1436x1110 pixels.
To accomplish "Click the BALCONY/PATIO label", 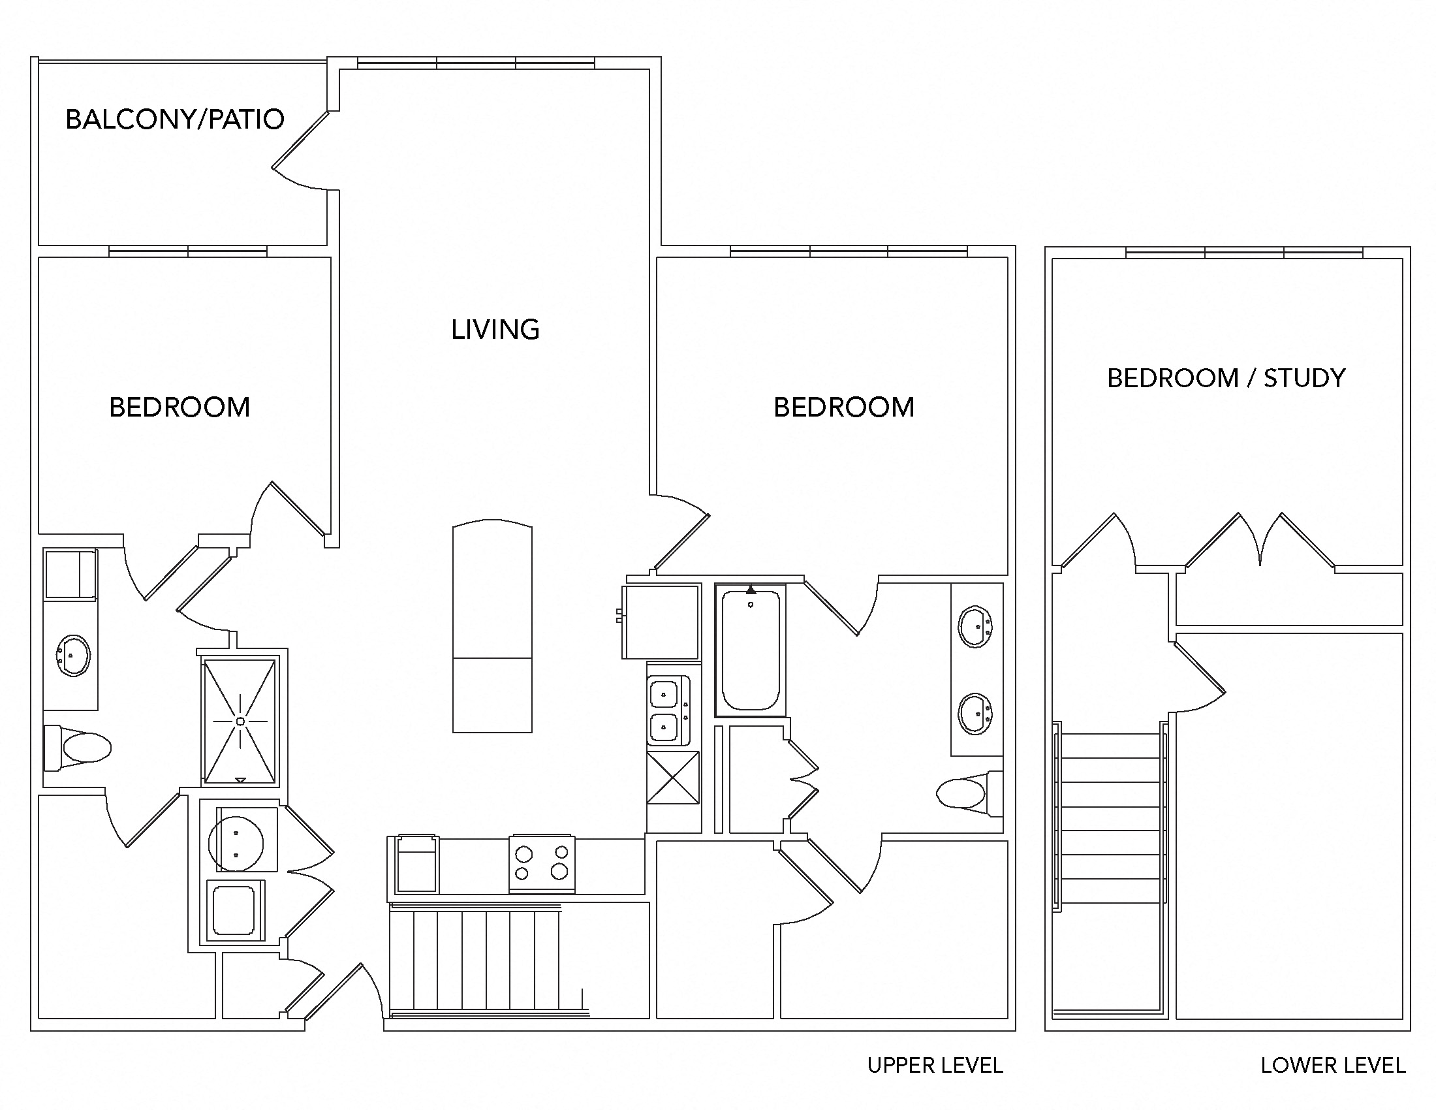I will click(x=175, y=119).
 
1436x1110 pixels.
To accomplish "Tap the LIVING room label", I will click(x=495, y=330).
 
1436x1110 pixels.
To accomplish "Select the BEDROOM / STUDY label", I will click(x=1226, y=378).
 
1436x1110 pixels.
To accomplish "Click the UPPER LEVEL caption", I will click(x=934, y=1066).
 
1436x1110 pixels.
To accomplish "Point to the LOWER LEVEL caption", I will click(x=1333, y=1066).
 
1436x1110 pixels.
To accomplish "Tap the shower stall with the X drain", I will click(x=240, y=721).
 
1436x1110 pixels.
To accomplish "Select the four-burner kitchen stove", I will click(x=542, y=863).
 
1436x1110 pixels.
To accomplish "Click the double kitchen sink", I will click(x=667, y=711).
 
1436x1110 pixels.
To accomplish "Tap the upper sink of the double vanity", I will click(x=975, y=627).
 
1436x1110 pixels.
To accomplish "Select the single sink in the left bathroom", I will click(x=72, y=655).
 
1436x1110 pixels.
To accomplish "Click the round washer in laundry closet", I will click(x=236, y=843).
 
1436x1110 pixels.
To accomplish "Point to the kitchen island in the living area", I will click(x=492, y=627).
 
